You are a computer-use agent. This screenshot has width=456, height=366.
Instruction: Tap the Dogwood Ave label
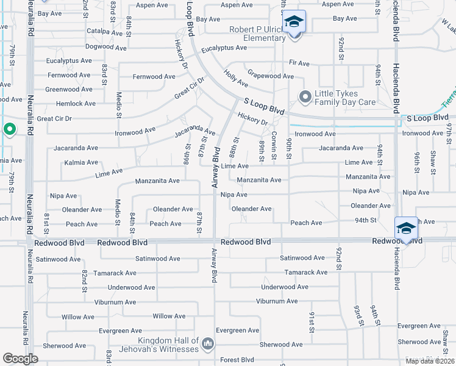tap(105, 47)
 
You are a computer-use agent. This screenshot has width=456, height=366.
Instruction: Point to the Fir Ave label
tap(299, 63)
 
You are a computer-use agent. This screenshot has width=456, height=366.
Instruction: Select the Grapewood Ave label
tap(271, 77)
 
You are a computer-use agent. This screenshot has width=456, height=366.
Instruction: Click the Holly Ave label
tap(235, 79)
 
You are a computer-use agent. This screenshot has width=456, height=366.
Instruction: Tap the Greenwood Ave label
tap(69, 89)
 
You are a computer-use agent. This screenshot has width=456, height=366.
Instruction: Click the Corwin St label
tap(274, 146)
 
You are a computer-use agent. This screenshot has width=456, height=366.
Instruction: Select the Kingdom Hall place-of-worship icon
tap(208, 345)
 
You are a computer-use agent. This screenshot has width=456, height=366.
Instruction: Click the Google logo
tap(20, 359)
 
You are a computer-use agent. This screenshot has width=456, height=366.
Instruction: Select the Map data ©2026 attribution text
tap(429, 361)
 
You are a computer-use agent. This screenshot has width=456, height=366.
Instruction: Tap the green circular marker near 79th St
tap(9, 129)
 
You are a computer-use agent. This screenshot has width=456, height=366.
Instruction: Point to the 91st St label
tap(311, 321)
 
